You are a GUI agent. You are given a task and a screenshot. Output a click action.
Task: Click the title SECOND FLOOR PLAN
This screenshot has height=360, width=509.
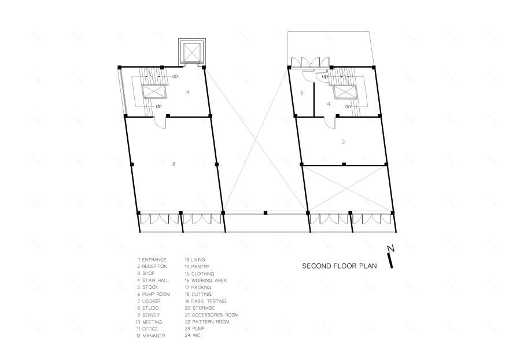339,266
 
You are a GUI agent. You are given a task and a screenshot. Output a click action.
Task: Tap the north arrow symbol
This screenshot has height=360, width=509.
391,256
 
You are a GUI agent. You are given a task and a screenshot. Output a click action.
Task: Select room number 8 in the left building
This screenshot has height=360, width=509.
174,164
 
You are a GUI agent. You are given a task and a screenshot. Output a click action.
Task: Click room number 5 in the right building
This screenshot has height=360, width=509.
343,142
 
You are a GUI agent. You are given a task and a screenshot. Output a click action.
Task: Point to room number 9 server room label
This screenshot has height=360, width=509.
301,94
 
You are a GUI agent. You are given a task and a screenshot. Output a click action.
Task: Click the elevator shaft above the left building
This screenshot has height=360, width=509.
192,52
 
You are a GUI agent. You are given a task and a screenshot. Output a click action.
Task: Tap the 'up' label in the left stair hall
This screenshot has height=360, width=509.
175,76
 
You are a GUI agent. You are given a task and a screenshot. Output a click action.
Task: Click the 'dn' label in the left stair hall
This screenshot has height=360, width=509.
158,106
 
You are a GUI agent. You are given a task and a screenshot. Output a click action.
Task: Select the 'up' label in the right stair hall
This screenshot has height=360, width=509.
324,76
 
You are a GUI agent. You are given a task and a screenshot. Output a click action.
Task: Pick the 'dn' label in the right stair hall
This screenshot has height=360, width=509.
348,106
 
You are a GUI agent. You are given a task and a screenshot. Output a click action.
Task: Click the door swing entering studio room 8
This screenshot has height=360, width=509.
160,123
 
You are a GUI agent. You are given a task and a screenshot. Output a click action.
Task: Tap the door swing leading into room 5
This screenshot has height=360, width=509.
330,123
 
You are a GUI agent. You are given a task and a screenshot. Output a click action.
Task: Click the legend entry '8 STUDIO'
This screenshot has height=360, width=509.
148,308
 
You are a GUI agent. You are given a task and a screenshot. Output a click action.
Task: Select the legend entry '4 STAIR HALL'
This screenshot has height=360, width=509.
153,280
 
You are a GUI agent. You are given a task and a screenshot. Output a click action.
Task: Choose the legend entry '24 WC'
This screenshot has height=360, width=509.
193,335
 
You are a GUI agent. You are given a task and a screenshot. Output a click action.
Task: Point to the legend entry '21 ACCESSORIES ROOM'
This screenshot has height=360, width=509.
212,315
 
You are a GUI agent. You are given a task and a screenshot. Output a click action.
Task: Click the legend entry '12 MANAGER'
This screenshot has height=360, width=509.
150,336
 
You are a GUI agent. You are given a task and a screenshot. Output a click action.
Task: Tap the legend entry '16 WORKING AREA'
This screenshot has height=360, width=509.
206,280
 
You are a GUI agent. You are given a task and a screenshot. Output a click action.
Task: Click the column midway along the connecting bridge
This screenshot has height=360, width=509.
265,213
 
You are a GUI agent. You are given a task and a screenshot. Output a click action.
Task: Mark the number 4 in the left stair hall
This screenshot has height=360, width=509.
187,93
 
